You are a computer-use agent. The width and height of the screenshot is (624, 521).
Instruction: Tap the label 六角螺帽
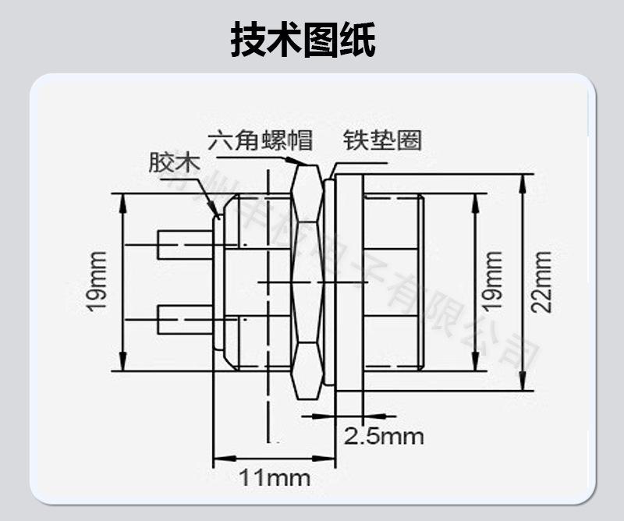pyautogui.click(x=260, y=140)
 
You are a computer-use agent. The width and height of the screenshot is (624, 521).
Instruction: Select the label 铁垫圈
pyautogui.click(x=382, y=140)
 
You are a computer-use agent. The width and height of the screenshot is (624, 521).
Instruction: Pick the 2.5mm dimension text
pyautogui.click(x=384, y=435)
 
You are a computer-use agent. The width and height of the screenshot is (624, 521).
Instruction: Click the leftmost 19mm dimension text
pyautogui.click(x=97, y=282)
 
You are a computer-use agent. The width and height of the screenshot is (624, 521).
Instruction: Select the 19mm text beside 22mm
pyautogui.click(x=491, y=282)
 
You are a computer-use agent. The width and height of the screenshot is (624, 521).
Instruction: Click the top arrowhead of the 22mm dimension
pyautogui.click(x=523, y=179)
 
